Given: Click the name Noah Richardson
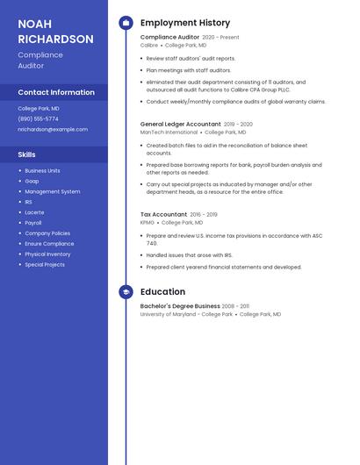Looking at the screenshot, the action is click(55, 32).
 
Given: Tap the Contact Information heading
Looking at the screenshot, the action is click(56, 92).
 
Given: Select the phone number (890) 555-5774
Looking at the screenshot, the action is click(39, 118).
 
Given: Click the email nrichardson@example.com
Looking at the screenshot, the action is click(53, 129).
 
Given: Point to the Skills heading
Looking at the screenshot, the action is click(27, 154).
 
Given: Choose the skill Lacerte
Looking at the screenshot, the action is click(34, 212).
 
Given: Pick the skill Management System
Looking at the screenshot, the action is click(52, 191).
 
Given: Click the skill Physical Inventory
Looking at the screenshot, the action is click(47, 254).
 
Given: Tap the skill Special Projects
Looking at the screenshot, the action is click(45, 265).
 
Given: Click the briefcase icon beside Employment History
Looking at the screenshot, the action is click(126, 23).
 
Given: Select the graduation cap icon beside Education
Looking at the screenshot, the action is click(126, 292).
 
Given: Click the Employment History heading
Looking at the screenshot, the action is click(184, 23).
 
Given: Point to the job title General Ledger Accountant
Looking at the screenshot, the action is click(180, 125).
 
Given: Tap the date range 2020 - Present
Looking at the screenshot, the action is click(220, 38).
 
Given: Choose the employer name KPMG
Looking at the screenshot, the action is click(147, 223).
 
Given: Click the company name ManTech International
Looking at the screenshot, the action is click(169, 132).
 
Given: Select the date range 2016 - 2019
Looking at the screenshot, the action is click(204, 215).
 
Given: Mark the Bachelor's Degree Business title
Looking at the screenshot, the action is click(180, 306).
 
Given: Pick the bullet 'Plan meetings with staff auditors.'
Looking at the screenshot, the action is click(189, 70).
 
